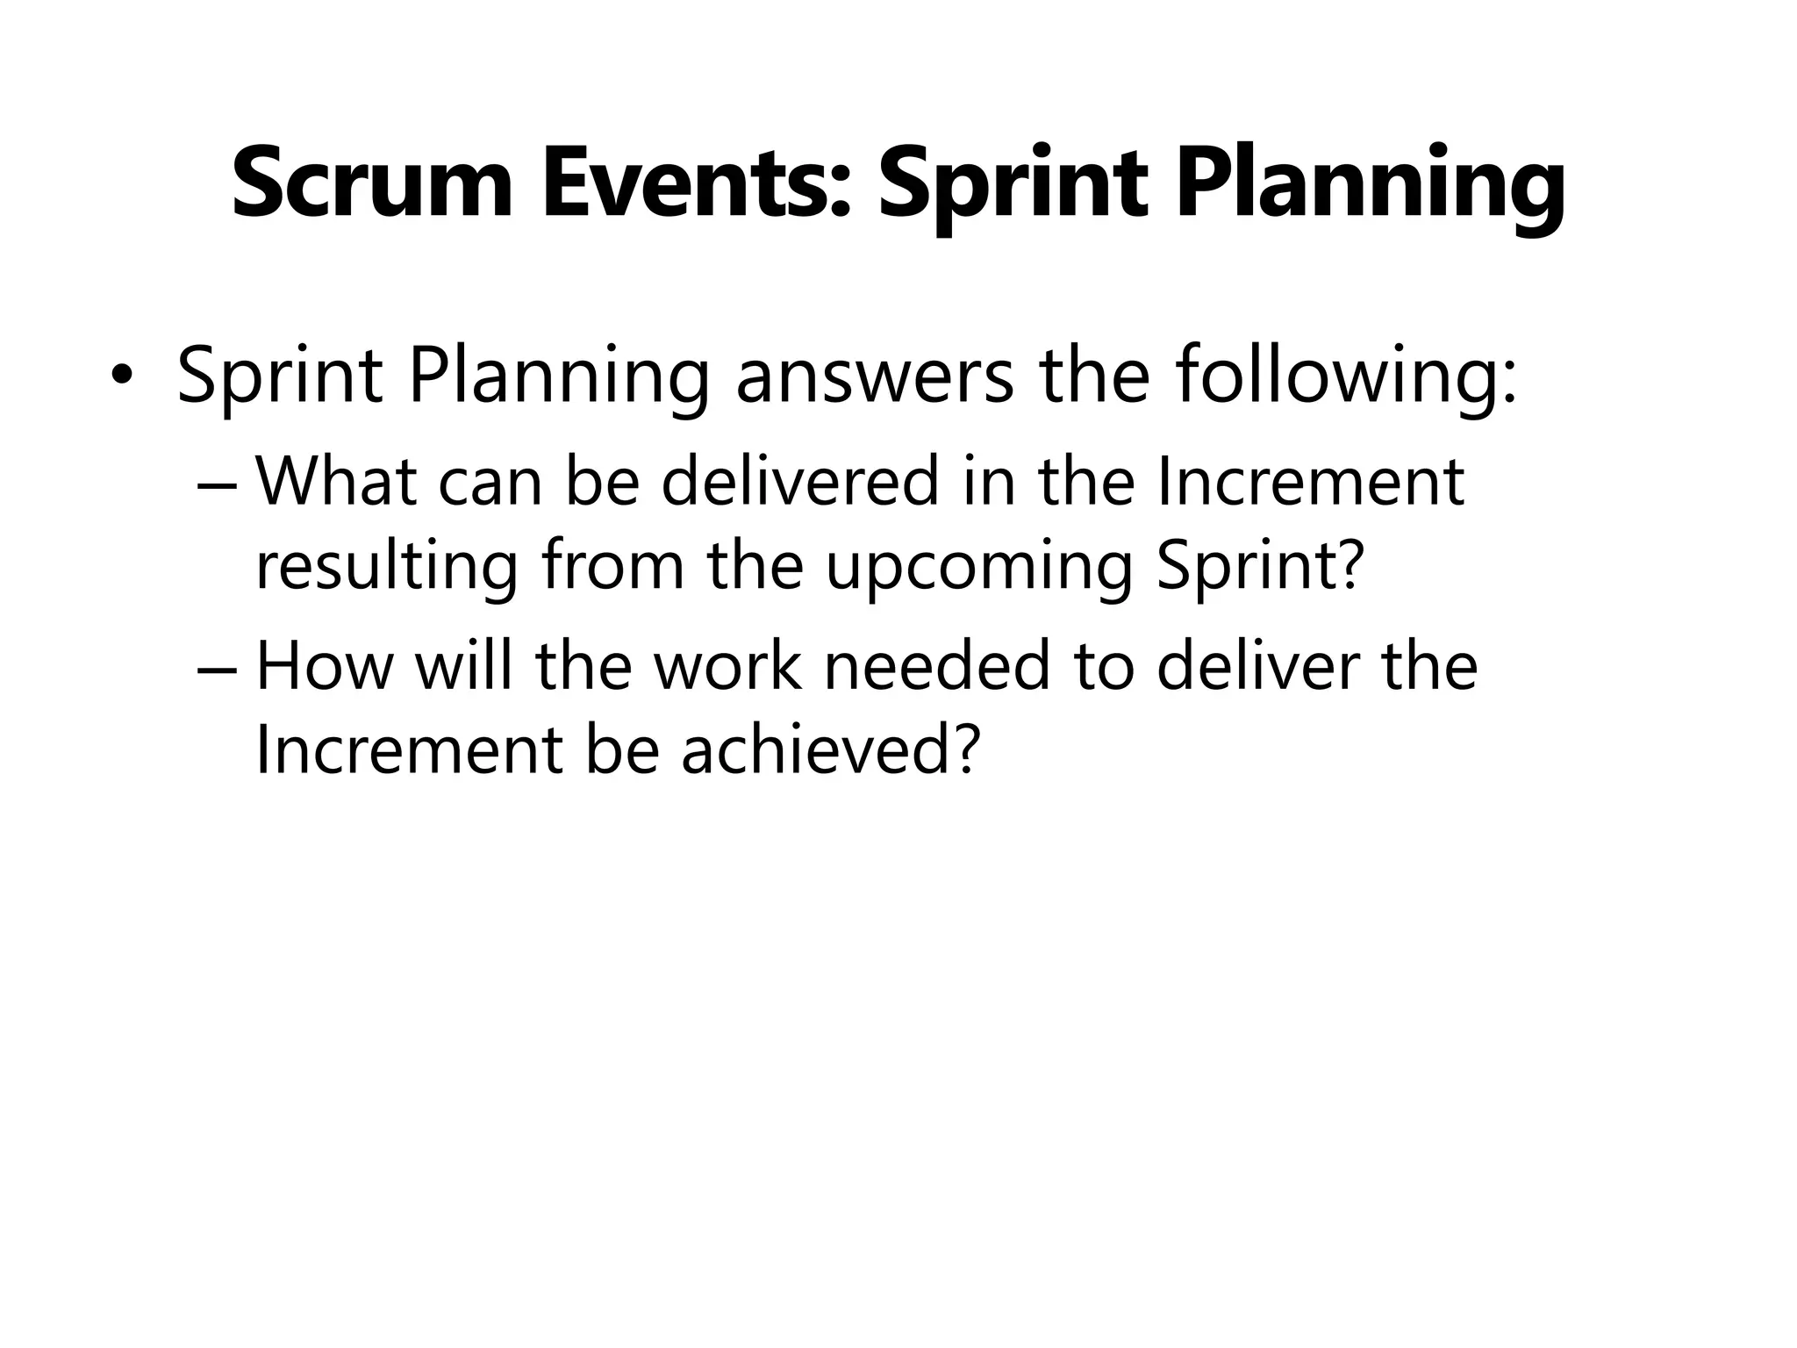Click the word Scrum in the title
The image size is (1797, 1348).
coord(371,185)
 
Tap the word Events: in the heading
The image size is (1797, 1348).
coord(697,185)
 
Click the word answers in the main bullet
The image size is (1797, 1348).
coord(874,376)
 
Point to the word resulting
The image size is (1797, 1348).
coord(387,568)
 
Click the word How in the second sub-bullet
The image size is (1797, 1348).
coord(324,666)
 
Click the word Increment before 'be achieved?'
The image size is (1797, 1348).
coord(408,751)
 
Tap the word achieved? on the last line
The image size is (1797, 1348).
coord(830,751)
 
